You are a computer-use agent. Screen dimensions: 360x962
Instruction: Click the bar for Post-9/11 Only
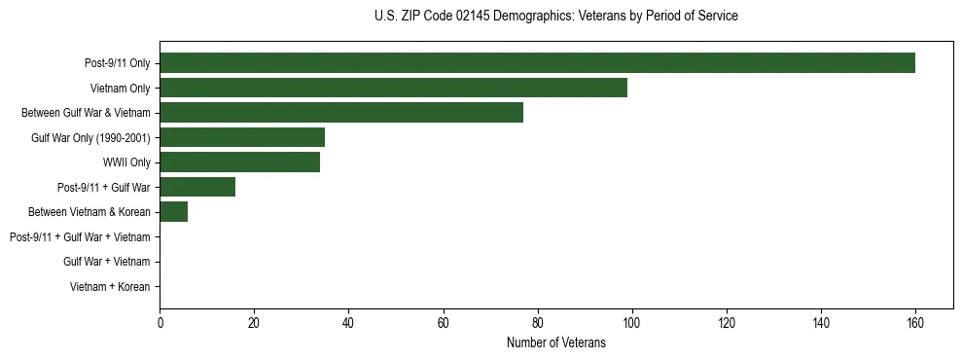[537, 63]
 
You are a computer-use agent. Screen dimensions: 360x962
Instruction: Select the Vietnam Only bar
[393, 88]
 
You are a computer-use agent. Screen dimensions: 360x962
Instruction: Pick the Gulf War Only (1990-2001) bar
[242, 137]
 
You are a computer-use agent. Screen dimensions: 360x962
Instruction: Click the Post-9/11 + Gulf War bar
[197, 187]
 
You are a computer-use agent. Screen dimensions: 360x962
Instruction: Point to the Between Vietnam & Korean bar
[174, 212]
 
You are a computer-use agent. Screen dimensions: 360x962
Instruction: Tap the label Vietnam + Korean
[110, 287]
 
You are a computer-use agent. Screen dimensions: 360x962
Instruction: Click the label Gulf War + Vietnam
[106, 262]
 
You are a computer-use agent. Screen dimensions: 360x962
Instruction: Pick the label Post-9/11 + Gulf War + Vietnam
[80, 237]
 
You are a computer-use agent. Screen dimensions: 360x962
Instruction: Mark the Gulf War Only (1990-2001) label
[90, 138]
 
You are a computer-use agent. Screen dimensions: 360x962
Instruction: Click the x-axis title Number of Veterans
[555, 342]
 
